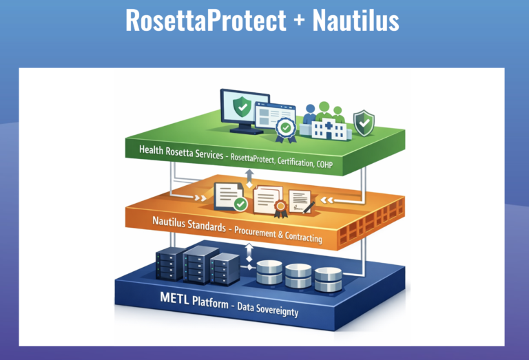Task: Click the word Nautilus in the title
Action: [x=355, y=21]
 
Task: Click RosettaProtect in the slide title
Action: [x=205, y=21]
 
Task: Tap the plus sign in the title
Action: [x=298, y=22]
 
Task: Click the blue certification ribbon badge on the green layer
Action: [x=284, y=129]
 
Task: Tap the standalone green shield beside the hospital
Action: [x=363, y=123]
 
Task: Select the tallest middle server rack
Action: [x=196, y=264]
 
